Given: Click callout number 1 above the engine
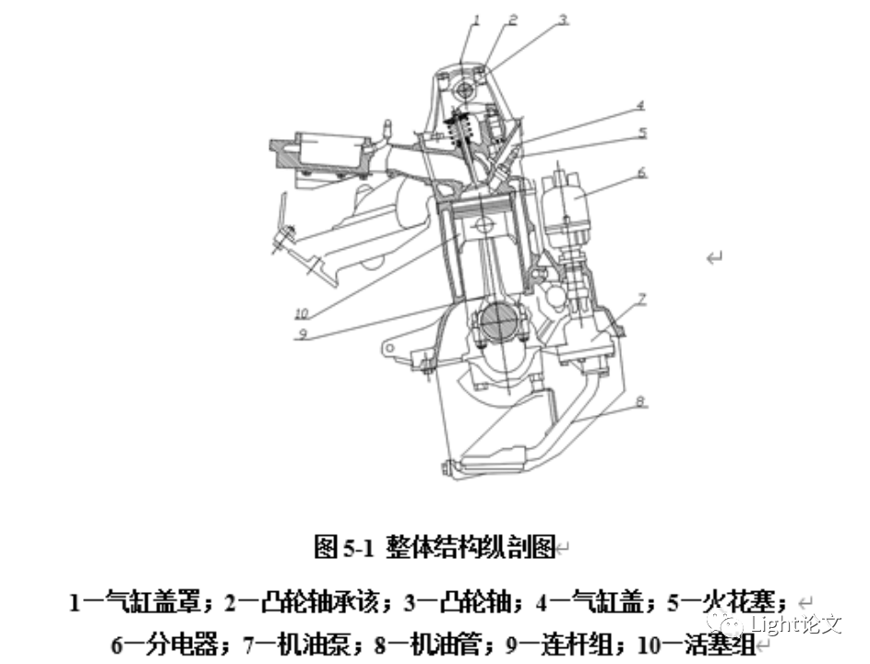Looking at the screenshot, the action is click(478, 18).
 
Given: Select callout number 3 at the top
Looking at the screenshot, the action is click(563, 18).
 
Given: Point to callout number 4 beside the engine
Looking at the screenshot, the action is click(639, 106).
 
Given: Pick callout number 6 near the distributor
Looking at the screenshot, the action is click(641, 172).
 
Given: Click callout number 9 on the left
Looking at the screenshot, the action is click(301, 336).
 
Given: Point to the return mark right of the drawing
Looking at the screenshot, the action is click(714, 258).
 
